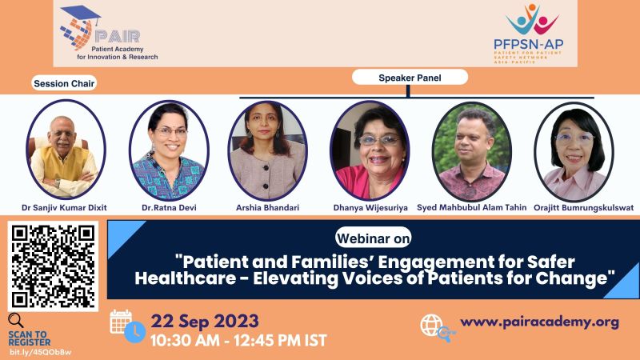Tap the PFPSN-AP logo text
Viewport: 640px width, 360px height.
click(x=529, y=44)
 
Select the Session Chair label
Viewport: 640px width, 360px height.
click(x=64, y=83)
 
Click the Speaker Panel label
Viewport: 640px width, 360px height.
click(x=410, y=78)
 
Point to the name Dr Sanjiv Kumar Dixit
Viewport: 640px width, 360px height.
click(x=64, y=208)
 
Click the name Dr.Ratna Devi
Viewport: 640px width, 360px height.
click(x=169, y=208)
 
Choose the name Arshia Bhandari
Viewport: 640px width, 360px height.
click(x=267, y=208)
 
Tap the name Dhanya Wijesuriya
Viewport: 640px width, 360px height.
click(x=370, y=208)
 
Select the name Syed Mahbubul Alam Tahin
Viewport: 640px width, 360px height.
click(x=471, y=207)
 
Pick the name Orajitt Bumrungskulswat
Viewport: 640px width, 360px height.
click(x=584, y=208)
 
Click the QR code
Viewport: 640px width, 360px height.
click(x=53, y=266)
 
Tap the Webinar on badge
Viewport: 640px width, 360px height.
click(x=373, y=238)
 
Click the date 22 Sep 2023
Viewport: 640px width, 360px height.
click(x=205, y=322)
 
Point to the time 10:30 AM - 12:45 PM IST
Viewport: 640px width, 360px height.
click(x=238, y=341)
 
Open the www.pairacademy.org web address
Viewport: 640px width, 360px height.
click(x=539, y=322)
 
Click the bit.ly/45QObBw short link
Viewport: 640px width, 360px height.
click(x=41, y=352)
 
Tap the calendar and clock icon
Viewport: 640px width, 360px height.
click(x=127, y=326)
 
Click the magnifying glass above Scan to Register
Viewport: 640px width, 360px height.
click(x=16, y=321)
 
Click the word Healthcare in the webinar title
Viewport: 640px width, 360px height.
click(x=186, y=278)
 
